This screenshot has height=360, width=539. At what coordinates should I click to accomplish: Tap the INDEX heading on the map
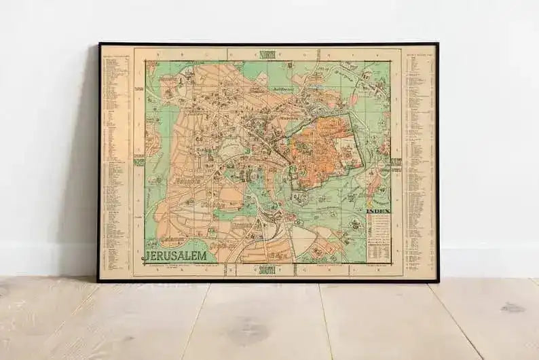[x=378, y=211]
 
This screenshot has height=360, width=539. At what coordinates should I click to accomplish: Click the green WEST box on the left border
[x=139, y=162]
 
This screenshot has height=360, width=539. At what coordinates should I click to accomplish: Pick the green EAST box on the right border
[x=396, y=162]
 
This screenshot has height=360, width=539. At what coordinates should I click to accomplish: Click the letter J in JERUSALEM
[x=146, y=256]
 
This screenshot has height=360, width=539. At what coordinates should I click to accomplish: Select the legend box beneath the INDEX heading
[x=378, y=238]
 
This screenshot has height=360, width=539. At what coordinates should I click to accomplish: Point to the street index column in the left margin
[x=115, y=163]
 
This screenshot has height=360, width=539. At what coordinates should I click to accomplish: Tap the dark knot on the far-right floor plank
[x=513, y=307]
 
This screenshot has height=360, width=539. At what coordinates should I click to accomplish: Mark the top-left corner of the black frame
[x=99, y=44]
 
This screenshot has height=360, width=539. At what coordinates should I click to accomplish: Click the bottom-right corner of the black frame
[x=438, y=281]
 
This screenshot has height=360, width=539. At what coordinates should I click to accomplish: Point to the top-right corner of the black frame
[x=437, y=44]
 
